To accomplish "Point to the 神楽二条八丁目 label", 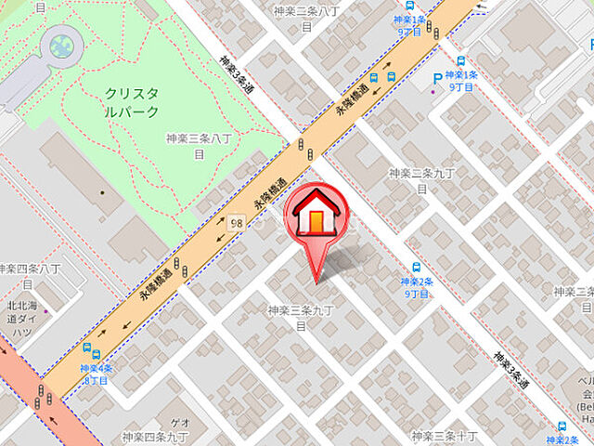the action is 305,19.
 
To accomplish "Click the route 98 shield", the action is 239,224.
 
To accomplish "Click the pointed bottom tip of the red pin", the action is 317,282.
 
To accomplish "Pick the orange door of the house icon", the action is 317,223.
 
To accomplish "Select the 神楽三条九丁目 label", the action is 301,317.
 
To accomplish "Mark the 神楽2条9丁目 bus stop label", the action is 416,287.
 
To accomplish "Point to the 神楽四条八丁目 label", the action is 28,275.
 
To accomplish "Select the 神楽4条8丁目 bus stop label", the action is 96,374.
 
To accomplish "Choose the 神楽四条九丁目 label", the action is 155,436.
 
